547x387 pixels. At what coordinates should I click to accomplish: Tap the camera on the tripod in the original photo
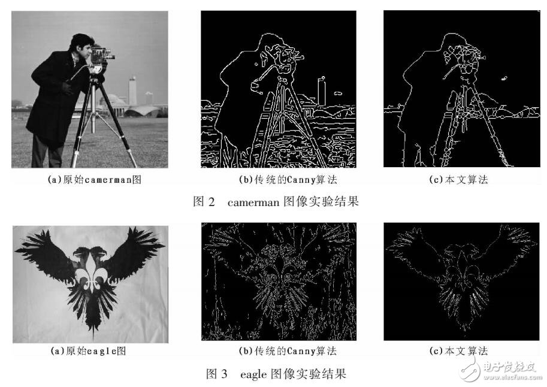coord(101,55)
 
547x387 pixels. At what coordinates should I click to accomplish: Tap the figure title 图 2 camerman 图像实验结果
coord(276,202)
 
